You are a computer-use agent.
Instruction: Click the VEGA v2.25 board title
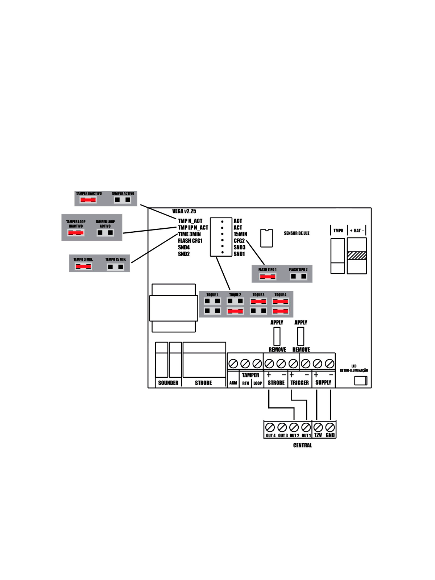pyautogui.click(x=184, y=211)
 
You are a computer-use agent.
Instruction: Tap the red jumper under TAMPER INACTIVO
pyautogui.click(x=88, y=200)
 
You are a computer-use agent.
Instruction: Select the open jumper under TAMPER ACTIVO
pyautogui.click(x=123, y=200)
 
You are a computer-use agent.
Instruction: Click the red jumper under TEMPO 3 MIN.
pyautogui.click(x=83, y=267)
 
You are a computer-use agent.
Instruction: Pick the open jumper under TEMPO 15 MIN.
pyautogui.click(x=116, y=267)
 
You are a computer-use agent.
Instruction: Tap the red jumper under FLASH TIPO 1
pyautogui.click(x=268, y=277)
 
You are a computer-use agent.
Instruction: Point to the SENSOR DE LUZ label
pyautogui.click(x=297, y=233)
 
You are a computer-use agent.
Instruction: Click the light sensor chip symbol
pyautogui.click(x=266, y=238)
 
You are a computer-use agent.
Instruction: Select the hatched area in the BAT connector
pyautogui.click(x=357, y=256)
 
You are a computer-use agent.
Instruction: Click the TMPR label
pyautogui.click(x=338, y=231)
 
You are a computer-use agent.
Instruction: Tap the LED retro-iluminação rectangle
pyautogui.click(x=361, y=381)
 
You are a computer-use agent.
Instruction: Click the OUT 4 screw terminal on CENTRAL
pyautogui.click(x=270, y=427)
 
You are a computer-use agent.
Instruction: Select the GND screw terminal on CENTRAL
pyautogui.click(x=330, y=427)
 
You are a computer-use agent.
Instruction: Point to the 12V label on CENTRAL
pyautogui.click(x=318, y=435)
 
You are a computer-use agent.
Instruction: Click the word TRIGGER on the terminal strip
pyautogui.click(x=299, y=383)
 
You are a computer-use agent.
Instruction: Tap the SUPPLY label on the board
pyautogui.click(x=323, y=383)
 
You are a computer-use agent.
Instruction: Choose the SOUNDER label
pyautogui.click(x=168, y=383)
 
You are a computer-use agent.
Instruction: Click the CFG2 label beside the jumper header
pyautogui.click(x=239, y=241)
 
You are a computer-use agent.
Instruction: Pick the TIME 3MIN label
pyautogui.click(x=189, y=234)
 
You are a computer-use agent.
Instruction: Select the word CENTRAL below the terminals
pyautogui.click(x=302, y=446)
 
